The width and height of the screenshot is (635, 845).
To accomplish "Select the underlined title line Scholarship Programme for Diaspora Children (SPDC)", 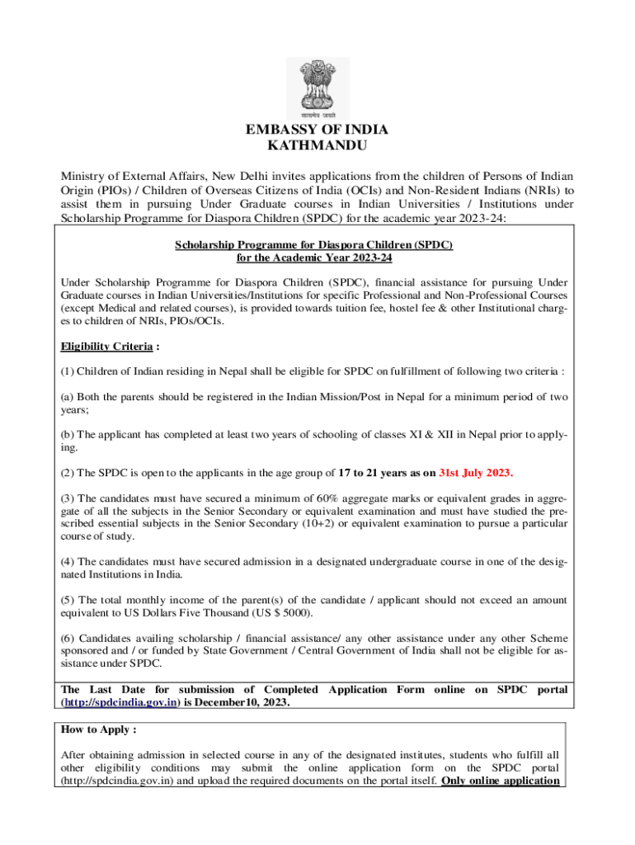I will (x=313, y=245).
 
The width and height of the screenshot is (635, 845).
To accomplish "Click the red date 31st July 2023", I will (x=476, y=473).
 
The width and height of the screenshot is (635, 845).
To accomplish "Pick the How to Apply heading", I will (x=99, y=730).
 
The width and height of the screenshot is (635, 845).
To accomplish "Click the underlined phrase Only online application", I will (x=501, y=780).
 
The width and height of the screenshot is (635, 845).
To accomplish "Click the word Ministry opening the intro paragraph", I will (x=87, y=177).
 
